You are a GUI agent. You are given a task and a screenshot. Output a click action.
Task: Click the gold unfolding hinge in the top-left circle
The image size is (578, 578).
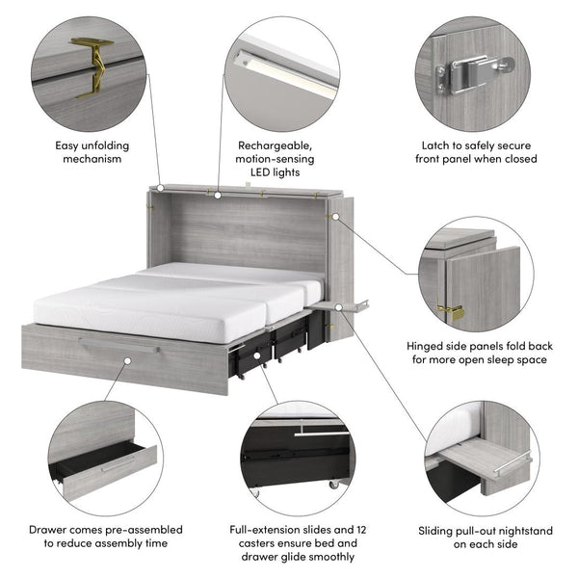click(x=92, y=68)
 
